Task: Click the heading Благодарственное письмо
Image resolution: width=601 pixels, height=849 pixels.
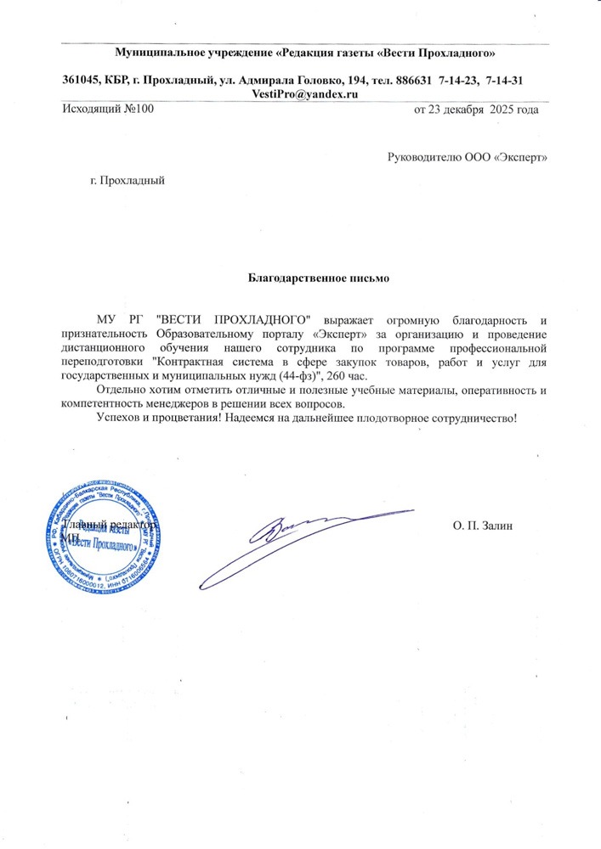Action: click(x=305, y=278)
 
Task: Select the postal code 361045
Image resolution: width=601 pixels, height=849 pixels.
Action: click(x=82, y=80)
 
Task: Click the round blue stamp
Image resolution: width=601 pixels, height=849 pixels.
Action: click(x=108, y=536)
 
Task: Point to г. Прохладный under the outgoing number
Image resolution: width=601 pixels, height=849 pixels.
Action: click(x=127, y=180)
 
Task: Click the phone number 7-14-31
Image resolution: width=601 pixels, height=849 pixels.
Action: click(x=503, y=80)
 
